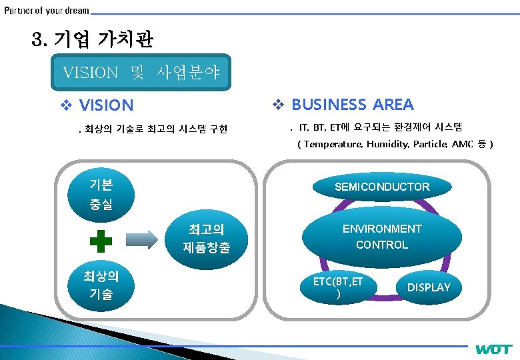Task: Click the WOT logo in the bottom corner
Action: (494, 349)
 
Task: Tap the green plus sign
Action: (101, 241)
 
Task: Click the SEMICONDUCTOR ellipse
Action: (382, 187)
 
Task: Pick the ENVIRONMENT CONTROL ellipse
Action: (382, 237)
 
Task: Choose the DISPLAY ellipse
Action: (429, 287)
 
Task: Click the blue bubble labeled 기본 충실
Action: (101, 194)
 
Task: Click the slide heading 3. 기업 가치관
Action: (93, 39)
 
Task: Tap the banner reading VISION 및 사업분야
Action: (141, 72)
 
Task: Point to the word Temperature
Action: (332, 144)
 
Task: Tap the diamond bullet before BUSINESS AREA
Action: (279, 105)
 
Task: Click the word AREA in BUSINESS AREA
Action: (393, 105)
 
